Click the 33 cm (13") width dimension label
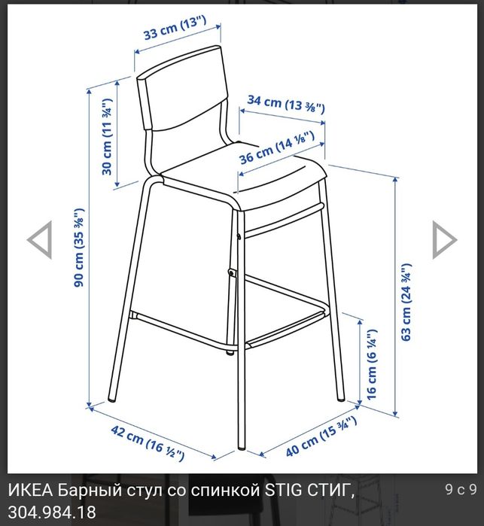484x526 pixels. coord(175,34)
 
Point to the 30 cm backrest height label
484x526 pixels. coord(108,136)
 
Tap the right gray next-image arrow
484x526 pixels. coord(444,240)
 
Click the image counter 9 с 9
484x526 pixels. coord(460,490)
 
